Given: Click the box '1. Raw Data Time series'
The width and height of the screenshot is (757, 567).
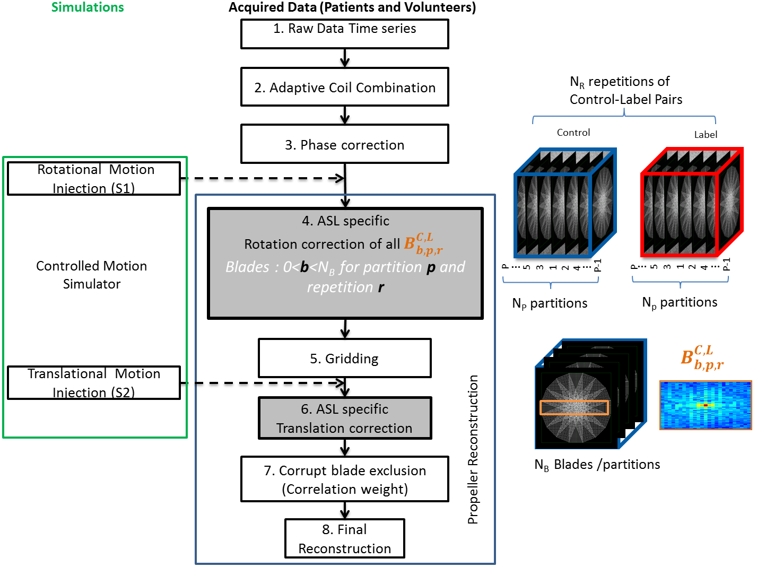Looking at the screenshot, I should (x=345, y=34).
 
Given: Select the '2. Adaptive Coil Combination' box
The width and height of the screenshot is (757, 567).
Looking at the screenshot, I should (x=345, y=87).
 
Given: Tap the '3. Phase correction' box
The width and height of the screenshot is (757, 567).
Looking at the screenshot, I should (x=345, y=144).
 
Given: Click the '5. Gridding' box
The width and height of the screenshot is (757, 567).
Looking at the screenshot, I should (x=345, y=359).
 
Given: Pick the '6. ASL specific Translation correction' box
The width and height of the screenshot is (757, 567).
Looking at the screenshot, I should (x=345, y=418).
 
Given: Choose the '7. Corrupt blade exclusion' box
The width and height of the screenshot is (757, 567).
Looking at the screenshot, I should (x=345, y=479).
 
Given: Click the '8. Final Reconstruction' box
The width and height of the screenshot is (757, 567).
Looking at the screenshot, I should (x=345, y=538).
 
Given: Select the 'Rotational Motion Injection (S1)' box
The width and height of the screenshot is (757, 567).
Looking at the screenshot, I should (x=94, y=179).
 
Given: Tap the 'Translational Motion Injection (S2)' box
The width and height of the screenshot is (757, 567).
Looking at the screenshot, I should (x=94, y=383).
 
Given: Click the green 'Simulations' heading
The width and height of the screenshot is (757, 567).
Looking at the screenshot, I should (x=88, y=7).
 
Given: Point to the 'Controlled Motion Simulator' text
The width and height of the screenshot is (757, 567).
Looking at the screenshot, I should (x=92, y=275).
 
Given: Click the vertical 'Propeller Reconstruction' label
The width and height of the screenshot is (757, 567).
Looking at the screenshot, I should (x=473, y=450).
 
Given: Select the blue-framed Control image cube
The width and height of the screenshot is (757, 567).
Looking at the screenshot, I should (x=565, y=204).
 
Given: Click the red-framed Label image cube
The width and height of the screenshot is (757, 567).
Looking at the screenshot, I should (x=692, y=204).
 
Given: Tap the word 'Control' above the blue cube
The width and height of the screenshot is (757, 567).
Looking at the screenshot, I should (x=573, y=133).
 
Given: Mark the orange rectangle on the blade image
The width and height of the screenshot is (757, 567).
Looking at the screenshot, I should (x=575, y=407).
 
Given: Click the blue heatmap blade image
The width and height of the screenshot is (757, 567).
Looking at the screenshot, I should (x=706, y=405).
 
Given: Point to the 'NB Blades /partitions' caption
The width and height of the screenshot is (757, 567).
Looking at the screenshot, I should (x=597, y=465).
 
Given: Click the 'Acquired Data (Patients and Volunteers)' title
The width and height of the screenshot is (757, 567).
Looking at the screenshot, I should (x=352, y=7).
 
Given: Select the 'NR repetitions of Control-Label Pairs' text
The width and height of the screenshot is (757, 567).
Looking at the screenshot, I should (x=626, y=90).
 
